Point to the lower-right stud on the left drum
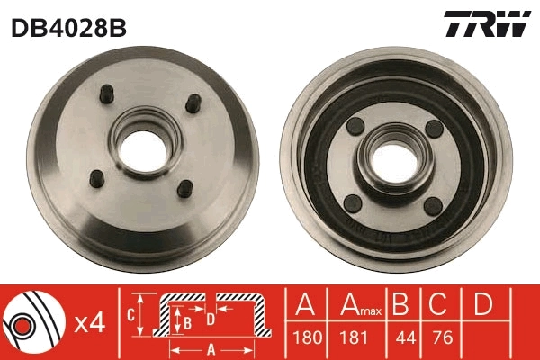[x=184, y=188]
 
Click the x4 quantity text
[x=90, y=322]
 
